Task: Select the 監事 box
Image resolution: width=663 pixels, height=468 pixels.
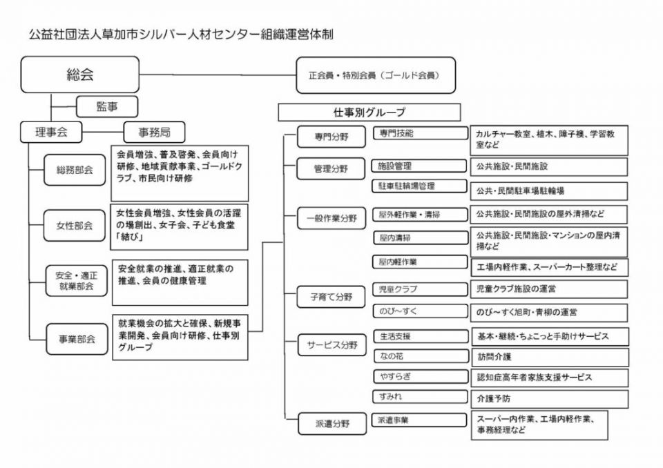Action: pyautogui.click(x=106, y=106)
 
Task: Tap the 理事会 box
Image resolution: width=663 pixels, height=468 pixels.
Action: pyautogui.click(x=50, y=131)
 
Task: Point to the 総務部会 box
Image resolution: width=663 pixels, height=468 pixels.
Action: pyautogui.click(x=75, y=170)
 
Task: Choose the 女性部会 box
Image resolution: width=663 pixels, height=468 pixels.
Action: pyautogui.click(x=75, y=225)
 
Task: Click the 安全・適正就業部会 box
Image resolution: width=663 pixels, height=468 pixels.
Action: pyautogui.click(x=75, y=280)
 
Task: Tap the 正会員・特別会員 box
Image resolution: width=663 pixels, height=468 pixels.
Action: pyautogui.click(x=376, y=75)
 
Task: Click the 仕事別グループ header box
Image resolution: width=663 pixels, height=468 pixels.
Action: pyautogui.click(x=369, y=112)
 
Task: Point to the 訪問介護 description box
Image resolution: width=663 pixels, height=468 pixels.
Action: pyautogui.click(x=549, y=358)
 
